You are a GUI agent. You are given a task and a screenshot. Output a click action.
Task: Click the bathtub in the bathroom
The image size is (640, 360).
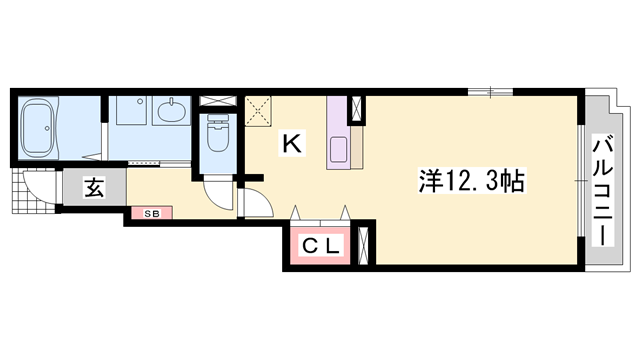click(x=38, y=128)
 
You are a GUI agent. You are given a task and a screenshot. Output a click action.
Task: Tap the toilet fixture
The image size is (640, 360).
click(x=217, y=132)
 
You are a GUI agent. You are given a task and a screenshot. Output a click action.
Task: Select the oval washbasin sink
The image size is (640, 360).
click(x=172, y=109)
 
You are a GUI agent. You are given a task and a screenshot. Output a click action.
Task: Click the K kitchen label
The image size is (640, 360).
click(x=292, y=144)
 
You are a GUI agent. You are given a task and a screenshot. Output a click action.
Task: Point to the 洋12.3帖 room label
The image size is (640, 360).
click(x=471, y=181)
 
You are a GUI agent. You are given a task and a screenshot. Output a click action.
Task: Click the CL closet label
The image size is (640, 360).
click(x=320, y=246)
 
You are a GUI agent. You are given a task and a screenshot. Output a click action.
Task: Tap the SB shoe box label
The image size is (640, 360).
click(x=152, y=213)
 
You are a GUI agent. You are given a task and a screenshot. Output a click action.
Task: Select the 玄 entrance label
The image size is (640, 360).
click(x=94, y=187)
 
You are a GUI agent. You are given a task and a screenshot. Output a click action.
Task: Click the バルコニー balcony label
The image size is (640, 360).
click(x=603, y=192)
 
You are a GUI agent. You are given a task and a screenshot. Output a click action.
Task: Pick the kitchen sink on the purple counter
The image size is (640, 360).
click(x=339, y=150)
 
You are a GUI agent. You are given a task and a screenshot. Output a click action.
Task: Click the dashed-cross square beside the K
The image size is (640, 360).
click(x=258, y=111)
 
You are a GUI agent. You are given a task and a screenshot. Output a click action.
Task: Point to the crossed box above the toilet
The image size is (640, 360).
click(x=218, y=101)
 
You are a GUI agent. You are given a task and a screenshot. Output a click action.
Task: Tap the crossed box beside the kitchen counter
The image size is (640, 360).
click(x=356, y=109)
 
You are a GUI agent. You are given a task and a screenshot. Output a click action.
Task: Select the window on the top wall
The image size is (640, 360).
click(x=490, y=92)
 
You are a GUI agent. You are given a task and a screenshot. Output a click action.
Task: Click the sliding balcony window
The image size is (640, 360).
click(x=581, y=180)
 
